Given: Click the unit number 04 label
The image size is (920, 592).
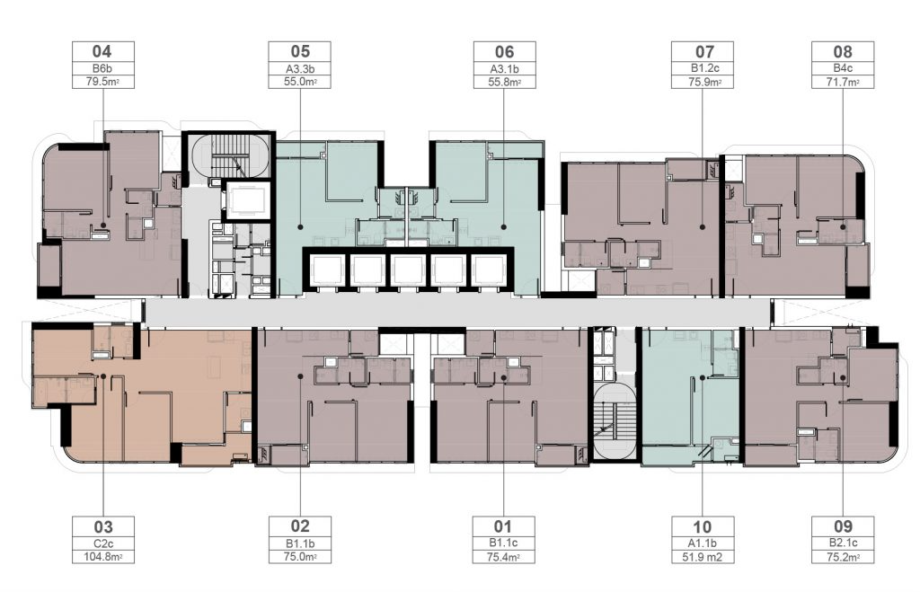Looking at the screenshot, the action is click(102, 51).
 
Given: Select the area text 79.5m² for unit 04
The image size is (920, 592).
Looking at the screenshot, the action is click(102, 82).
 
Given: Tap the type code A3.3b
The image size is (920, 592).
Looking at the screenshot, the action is click(299, 68).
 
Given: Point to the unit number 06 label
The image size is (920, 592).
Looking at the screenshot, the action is click(504, 51).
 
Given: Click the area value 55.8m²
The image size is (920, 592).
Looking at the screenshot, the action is click(504, 82).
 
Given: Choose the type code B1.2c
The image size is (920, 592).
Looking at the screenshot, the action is click(702, 68).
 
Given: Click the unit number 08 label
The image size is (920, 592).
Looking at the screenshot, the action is click(842, 51).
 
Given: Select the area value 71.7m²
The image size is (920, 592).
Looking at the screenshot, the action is click(842, 82).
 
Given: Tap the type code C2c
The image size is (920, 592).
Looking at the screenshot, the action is click(102, 543).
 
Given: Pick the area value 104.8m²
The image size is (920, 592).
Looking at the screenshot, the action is click(102, 557).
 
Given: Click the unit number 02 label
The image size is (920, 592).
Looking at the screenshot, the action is click(299, 526).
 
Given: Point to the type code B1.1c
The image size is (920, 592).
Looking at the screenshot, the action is click(503, 543).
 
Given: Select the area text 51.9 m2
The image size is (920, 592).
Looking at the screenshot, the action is click(702, 557).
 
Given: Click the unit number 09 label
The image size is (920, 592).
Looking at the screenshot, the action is click(842, 526).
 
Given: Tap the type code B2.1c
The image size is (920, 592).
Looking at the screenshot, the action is click(842, 543).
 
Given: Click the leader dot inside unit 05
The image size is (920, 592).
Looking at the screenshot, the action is click(300, 226).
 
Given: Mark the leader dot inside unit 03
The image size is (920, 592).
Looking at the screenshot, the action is click(103, 376).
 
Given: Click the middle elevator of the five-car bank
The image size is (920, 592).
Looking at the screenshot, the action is click(408, 270).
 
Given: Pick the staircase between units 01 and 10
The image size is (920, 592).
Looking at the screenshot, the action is click(615, 421).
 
